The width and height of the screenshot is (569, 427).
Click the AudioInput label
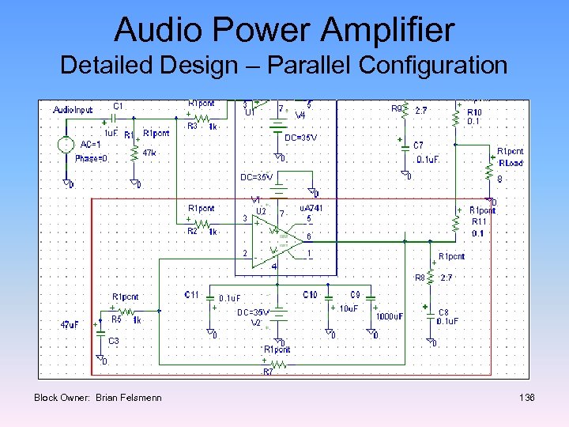(x=73, y=110)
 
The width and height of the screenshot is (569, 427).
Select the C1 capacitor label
(x=119, y=105)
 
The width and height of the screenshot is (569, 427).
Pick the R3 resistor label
(x=191, y=127)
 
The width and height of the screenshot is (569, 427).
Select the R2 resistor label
(x=191, y=232)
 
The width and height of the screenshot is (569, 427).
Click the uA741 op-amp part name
(x=310, y=208)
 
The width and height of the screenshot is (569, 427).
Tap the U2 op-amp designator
(x=260, y=210)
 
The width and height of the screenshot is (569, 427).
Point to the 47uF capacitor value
(x=70, y=325)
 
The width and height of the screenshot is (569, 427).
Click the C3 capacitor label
(x=114, y=341)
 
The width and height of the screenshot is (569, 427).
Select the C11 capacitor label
(x=191, y=294)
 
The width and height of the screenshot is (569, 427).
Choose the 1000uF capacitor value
(x=390, y=316)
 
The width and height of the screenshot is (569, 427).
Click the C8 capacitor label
(x=443, y=312)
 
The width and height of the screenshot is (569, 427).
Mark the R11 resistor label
(x=479, y=222)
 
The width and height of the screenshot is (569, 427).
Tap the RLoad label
(x=511, y=163)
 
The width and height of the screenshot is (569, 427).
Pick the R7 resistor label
(x=268, y=371)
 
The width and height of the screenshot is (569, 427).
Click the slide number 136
(x=527, y=397)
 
